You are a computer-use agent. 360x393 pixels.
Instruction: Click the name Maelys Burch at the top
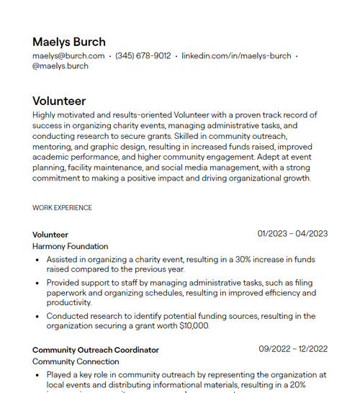click(68, 42)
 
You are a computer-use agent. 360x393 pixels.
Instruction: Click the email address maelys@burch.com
click(68, 55)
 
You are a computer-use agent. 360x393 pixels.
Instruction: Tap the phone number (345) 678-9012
click(143, 55)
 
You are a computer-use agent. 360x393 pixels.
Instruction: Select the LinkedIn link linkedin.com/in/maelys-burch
click(236, 55)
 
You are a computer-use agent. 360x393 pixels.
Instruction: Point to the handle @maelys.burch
click(60, 66)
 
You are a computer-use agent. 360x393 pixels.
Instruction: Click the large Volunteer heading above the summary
click(59, 101)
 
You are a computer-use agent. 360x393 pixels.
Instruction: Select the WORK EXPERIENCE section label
click(62, 208)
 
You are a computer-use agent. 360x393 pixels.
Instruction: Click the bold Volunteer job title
click(50, 235)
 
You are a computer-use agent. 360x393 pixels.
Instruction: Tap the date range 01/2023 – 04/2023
click(292, 233)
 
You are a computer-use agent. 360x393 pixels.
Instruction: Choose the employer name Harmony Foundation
click(70, 246)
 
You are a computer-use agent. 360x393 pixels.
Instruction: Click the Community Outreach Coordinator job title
click(96, 350)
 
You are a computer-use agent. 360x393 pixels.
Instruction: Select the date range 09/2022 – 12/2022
click(293, 349)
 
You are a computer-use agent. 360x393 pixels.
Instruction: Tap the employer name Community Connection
click(76, 361)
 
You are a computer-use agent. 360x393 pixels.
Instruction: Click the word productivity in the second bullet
click(69, 303)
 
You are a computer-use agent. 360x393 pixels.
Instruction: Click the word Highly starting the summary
click(45, 115)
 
